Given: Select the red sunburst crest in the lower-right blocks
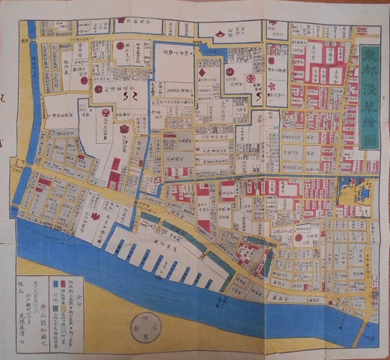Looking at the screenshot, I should point(298,238).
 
